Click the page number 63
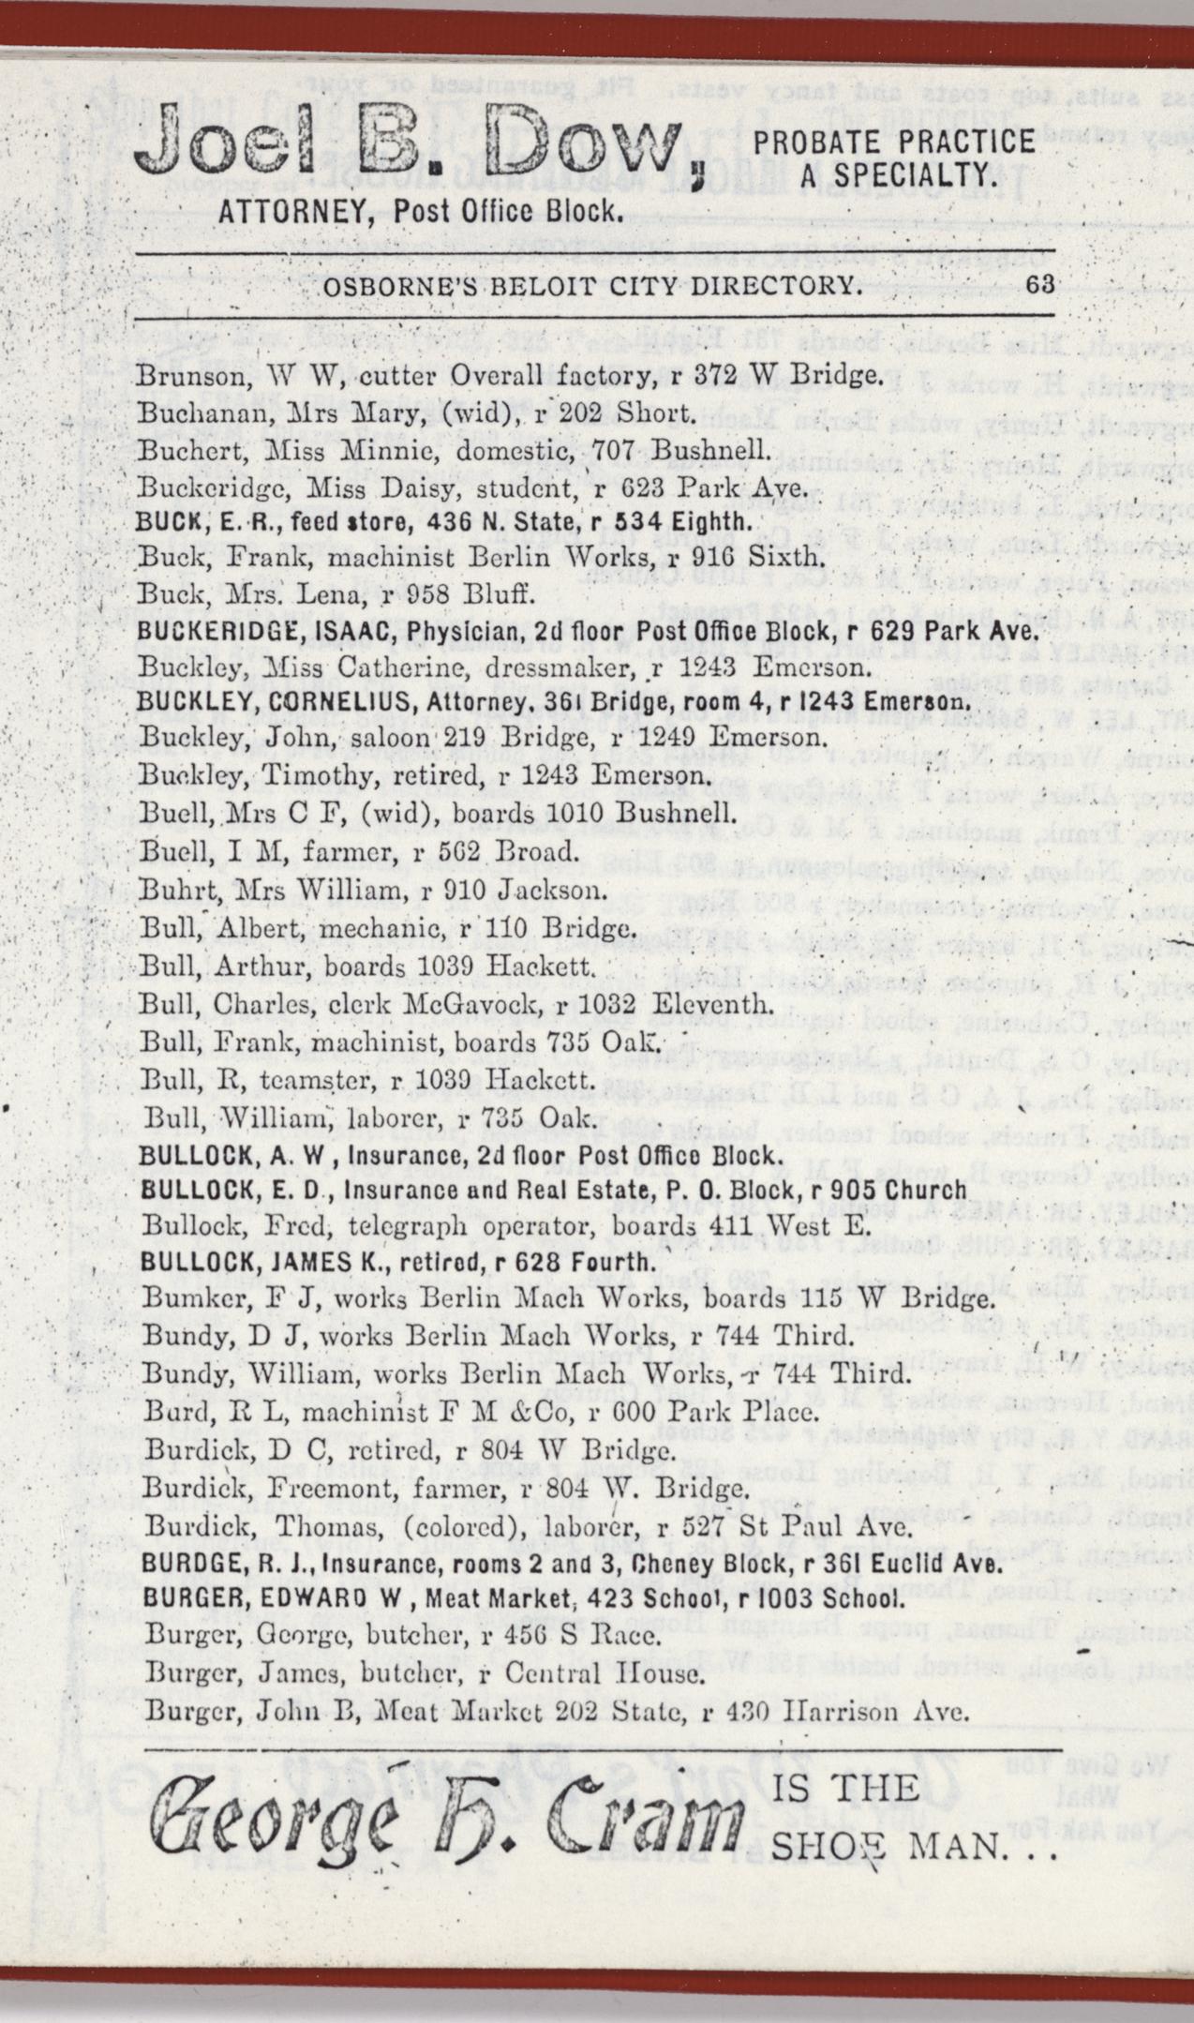[1041, 284]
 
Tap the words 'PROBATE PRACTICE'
[895, 142]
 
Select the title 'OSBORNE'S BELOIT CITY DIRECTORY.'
[590, 285]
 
